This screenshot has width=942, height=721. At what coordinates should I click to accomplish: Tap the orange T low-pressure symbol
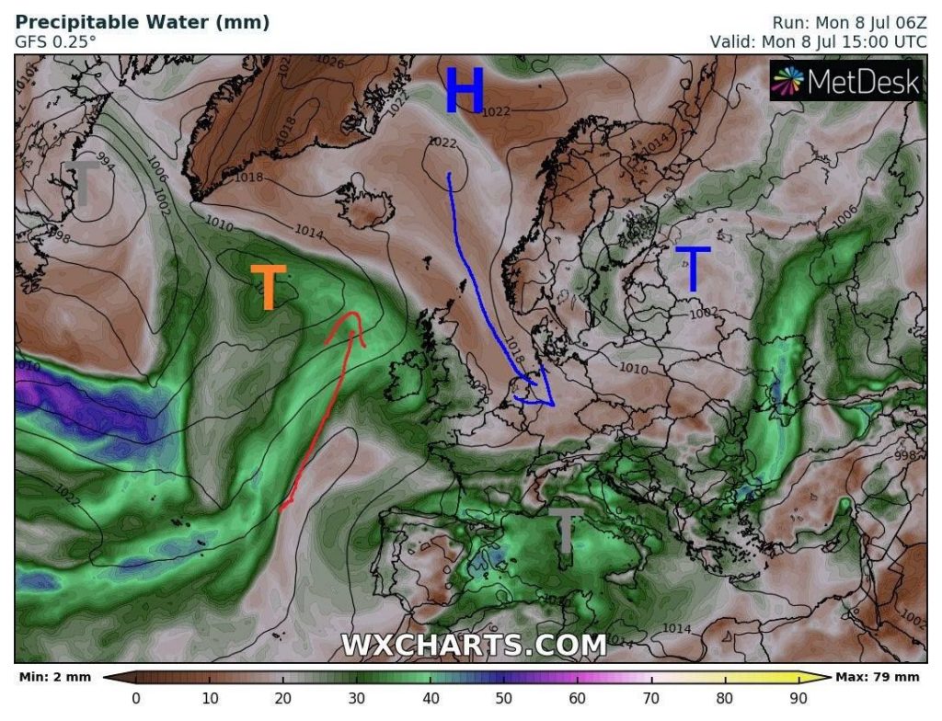(x=269, y=287)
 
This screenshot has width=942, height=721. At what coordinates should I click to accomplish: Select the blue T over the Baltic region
(x=693, y=269)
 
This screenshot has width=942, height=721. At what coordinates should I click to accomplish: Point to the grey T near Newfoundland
(x=84, y=182)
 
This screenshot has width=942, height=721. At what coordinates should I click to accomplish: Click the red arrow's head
(x=352, y=324)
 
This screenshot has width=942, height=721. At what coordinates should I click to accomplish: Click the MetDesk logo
(x=845, y=83)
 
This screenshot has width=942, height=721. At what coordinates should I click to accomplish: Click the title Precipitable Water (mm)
(x=143, y=22)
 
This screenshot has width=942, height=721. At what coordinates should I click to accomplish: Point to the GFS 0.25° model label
(x=55, y=41)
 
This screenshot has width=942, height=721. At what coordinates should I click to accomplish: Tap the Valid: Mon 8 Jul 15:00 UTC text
(x=815, y=41)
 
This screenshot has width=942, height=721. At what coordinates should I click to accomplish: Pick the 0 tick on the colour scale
(x=136, y=698)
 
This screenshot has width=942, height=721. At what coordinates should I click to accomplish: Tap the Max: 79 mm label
(x=877, y=678)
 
